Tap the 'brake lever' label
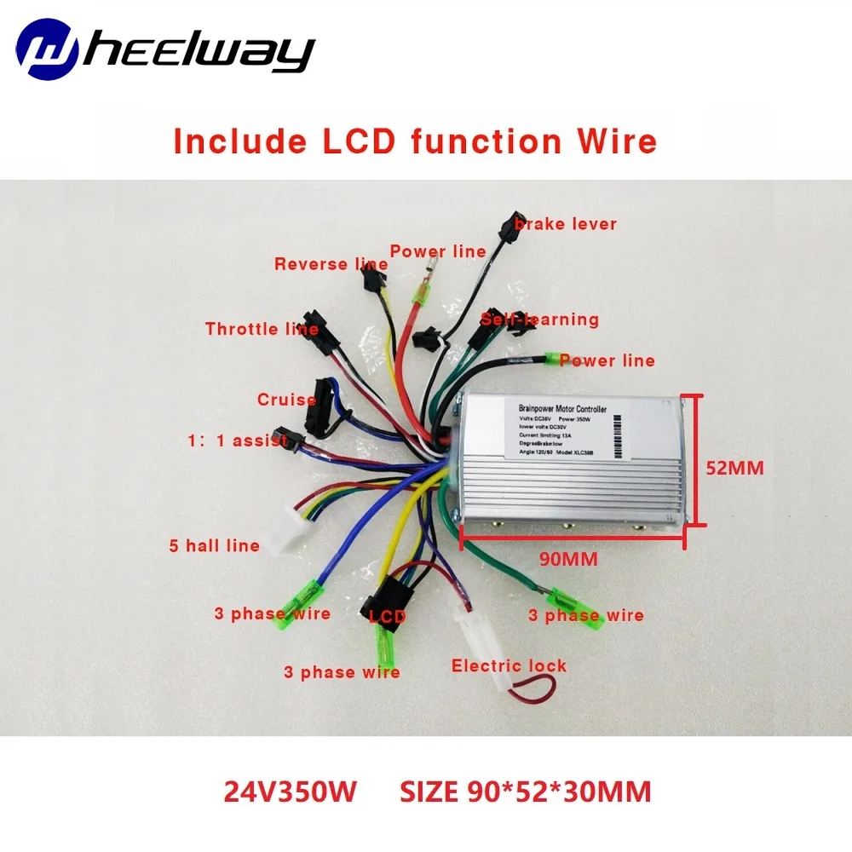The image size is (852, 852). [x=564, y=224]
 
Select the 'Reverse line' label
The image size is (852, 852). [x=331, y=264]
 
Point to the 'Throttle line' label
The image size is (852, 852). [x=262, y=329]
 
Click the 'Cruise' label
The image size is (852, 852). [x=286, y=400]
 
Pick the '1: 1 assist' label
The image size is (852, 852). [x=239, y=440]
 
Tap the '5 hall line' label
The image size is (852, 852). [x=214, y=545]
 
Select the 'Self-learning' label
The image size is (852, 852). [x=540, y=319]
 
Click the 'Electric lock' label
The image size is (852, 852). [x=509, y=665]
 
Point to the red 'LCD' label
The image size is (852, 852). [x=387, y=615]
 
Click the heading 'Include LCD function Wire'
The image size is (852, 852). [x=415, y=141]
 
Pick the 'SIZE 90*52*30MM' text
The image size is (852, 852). [x=525, y=792]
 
